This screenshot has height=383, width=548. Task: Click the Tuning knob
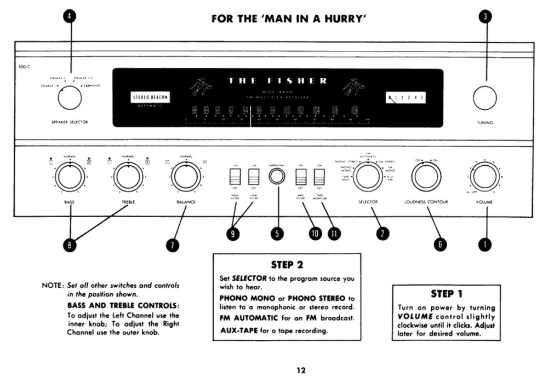click(x=485, y=98)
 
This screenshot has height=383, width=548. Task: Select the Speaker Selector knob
click(x=70, y=98)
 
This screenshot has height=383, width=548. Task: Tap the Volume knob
click(x=485, y=177)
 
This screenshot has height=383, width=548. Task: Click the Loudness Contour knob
click(x=426, y=177)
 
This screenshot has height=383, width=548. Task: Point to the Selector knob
click(x=367, y=177)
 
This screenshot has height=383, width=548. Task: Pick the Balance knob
click(x=186, y=177)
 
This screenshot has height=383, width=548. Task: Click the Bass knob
click(x=70, y=177)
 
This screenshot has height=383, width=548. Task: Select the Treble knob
click(x=128, y=177)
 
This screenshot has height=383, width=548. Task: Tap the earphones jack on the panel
click(x=277, y=177)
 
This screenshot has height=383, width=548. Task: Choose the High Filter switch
click(x=235, y=177)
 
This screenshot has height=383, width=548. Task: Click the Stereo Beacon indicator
click(x=150, y=98)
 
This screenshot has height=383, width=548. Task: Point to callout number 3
click(x=485, y=16)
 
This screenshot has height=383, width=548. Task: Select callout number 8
click(x=70, y=246)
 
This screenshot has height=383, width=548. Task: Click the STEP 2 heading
click(x=287, y=265)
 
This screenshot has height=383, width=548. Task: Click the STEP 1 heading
click(x=447, y=294)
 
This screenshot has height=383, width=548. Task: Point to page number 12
click(x=301, y=370)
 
